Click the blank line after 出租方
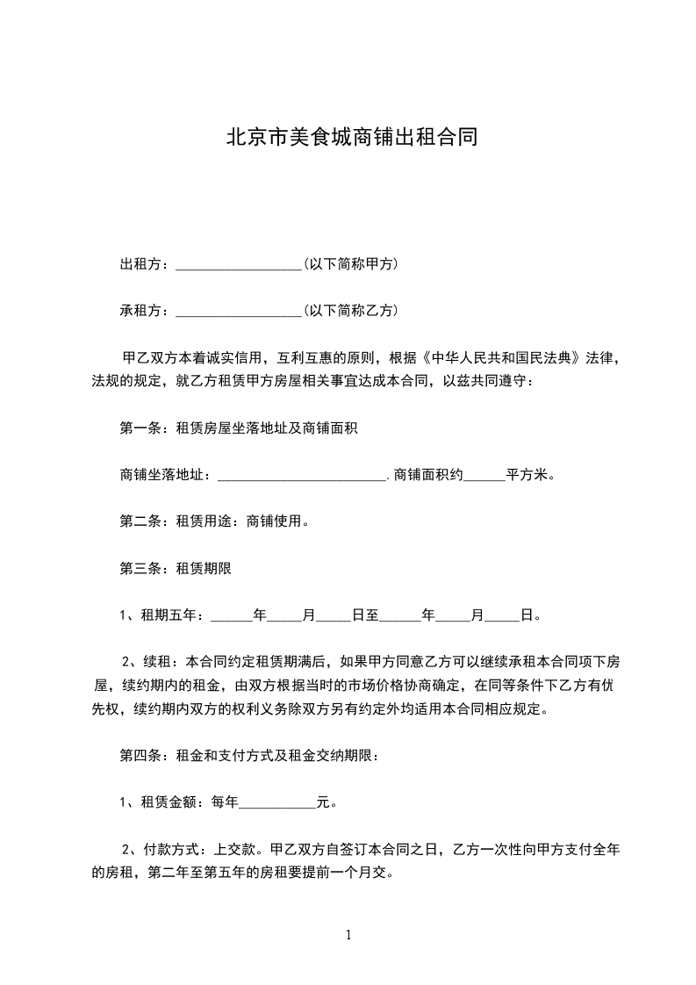click(238, 264)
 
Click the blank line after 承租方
click(238, 311)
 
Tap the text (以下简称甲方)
click(350, 263)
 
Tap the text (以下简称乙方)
click(350, 310)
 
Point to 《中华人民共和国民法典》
click(501, 358)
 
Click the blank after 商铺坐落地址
click(301, 476)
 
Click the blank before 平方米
click(484, 476)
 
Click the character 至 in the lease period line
click(372, 615)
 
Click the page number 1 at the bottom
click(348, 935)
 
